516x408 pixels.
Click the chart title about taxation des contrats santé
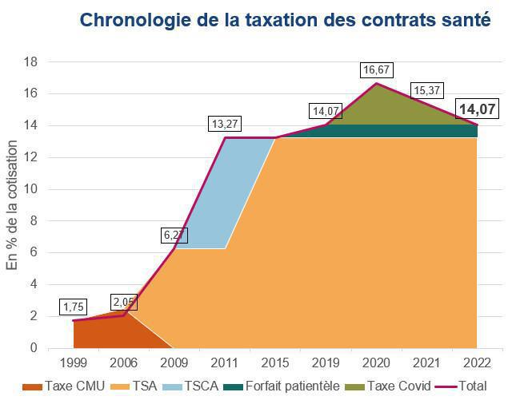285,19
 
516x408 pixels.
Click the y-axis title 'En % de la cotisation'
12,205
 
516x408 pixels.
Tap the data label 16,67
376,70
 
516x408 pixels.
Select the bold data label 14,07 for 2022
477,109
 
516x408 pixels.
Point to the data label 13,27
225,125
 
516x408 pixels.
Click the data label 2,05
124,303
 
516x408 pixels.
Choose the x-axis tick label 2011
225,362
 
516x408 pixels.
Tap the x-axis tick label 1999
73,362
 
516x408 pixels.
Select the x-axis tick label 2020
376,362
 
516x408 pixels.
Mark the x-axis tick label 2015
275,362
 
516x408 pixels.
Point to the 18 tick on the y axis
32,61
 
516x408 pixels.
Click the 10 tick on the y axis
32,189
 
